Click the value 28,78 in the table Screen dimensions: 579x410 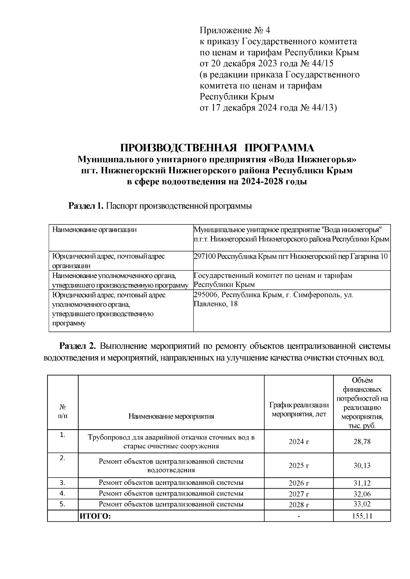pyautogui.click(x=362, y=442)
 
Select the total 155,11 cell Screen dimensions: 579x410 pyautogui.click(x=362, y=516)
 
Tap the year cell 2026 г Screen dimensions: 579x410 pyautogui.click(x=299, y=483)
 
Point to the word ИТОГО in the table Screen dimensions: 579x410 pyautogui.click(x=95, y=516)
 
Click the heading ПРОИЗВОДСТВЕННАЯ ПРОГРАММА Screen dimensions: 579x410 pyautogui.click(x=217, y=148)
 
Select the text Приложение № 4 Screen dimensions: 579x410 pyautogui.click(x=235, y=31)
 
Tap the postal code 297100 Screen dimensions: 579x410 pyautogui.click(x=204, y=256)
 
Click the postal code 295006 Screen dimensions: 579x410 pyautogui.click(x=204, y=295)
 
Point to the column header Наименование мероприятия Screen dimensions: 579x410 pyautogui.click(x=171, y=416)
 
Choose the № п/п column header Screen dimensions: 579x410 pyautogui.click(x=63, y=411)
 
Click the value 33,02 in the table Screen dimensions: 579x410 pyautogui.click(x=362, y=504)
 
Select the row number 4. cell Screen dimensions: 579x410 pyautogui.click(x=63, y=493)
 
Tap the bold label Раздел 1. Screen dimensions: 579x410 pyautogui.click(x=86, y=206)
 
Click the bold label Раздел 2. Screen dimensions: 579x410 pyautogui.click(x=78, y=346)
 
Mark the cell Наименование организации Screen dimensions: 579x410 pyautogui.click(x=94, y=230)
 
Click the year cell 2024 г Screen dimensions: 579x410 pyautogui.click(x=299, y=442)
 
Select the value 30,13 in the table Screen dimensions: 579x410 pyautogui.click(x=362, y=465)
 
